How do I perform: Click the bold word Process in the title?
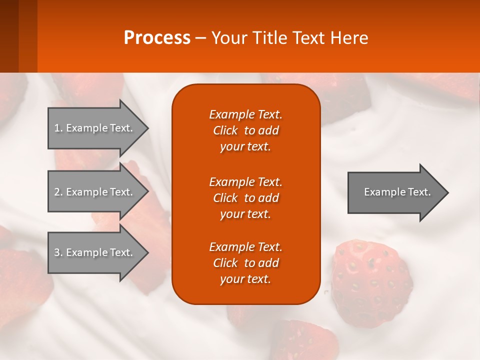click(x=157, y=38)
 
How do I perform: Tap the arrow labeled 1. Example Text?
click(x=95, y=128)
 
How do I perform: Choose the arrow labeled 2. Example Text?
click(x=95, y=192)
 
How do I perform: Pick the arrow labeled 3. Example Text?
click(x=95, y=252)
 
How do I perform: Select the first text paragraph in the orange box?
click(x=245, y=130)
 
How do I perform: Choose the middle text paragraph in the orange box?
click(x=245, y=197)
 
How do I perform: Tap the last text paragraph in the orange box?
click(x=245, y=263)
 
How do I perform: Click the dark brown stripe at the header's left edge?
click(x=9, y=36)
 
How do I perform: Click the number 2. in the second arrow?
click(x=58, y=192)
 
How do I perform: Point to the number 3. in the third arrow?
click(x=58, y=252)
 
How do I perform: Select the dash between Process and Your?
click(x=201, y=38)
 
